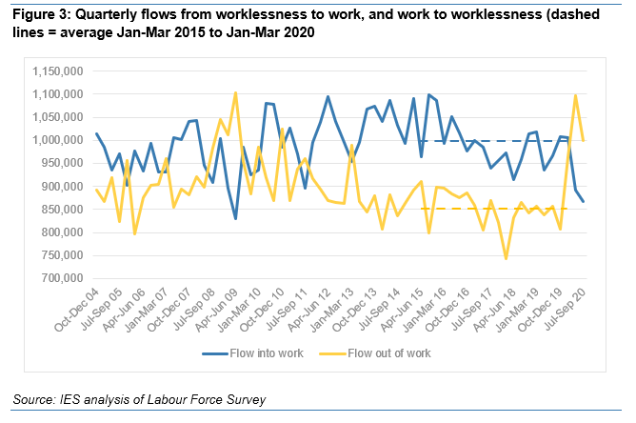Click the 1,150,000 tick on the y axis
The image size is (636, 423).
(57, 71)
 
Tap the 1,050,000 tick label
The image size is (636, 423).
(57, 117)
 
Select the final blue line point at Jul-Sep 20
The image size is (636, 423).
(584, 201)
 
